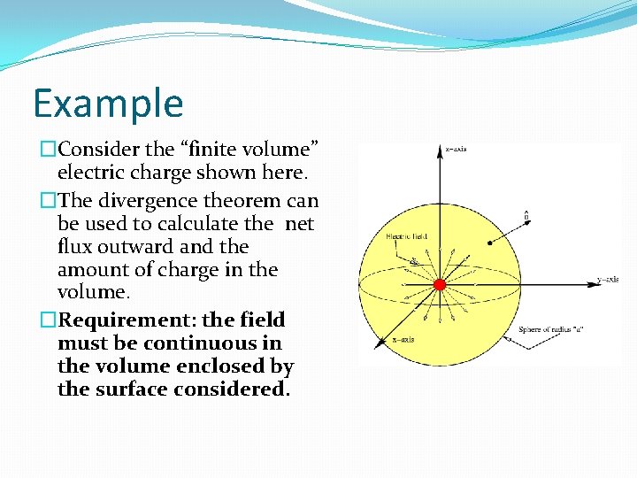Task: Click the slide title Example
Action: click(x=108, y=103)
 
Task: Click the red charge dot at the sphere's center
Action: click(x=439, y=284)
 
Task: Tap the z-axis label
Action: click(x=457, y=149)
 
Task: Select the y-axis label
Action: click(x=608, y=280)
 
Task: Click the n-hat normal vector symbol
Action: click(x=527, y=214)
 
